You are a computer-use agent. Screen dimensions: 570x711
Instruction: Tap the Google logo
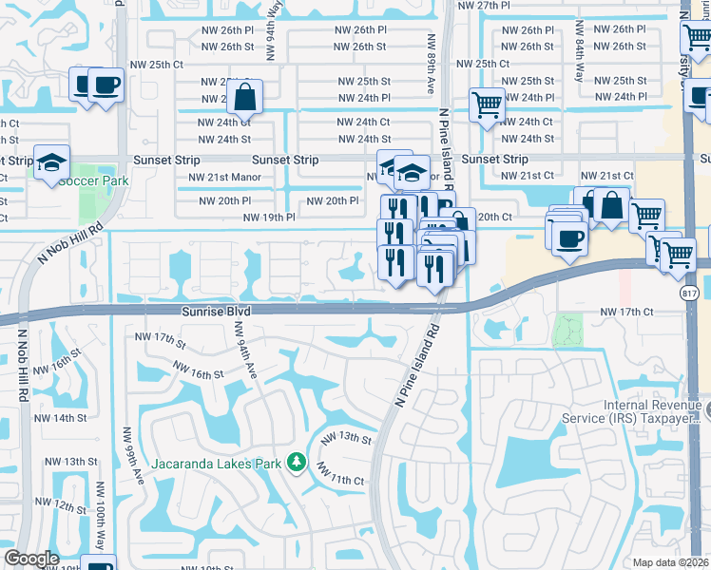[31, 559]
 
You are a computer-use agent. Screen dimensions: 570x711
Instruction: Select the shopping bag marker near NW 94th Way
[244, 96]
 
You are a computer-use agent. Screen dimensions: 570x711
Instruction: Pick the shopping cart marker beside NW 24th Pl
[487, 104]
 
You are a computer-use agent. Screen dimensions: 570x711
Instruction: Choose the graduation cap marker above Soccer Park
[51, 161]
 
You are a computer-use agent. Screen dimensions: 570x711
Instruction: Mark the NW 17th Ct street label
[626, 312]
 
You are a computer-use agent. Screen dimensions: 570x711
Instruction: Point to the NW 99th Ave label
[125, 452]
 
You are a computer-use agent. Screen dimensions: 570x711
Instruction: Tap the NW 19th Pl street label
[269, 218]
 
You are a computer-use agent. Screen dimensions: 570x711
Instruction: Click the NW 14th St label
[63, 418]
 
